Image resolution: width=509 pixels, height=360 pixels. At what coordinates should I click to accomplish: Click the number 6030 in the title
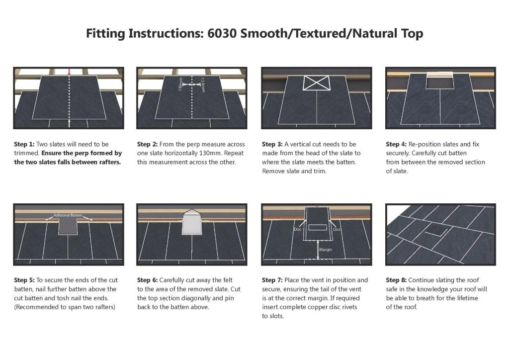point(222,33)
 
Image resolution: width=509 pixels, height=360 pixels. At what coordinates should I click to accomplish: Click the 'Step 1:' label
point(24,144)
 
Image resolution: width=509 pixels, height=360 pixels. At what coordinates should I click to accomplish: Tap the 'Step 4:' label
point(396,144)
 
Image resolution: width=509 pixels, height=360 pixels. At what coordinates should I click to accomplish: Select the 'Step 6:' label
point(147,280)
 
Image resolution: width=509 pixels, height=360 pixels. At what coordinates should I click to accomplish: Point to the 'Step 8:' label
point(396,280)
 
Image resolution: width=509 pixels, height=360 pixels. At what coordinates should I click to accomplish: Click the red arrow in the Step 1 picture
point(69,73)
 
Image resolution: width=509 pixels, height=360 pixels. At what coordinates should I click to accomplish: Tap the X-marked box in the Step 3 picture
point(317,83)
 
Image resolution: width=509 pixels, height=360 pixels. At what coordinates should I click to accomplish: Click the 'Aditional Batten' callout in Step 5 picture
point(68,215)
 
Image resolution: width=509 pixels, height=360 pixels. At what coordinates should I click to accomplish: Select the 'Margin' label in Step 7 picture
point(326,250)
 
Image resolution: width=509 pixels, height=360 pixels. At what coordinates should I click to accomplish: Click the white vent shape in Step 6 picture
point(192,222)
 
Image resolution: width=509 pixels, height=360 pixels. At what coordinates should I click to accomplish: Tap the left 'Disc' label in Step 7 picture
point(297,229)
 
